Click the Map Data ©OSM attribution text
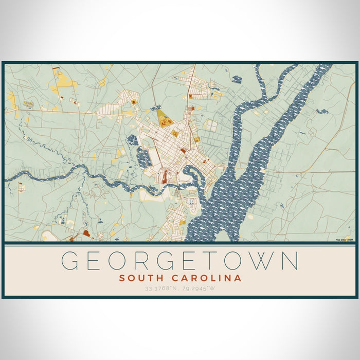click(x=344, y=240)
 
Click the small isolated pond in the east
click(x=322, y=111)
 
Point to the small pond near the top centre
click(x=236, y=79)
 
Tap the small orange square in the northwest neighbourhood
click(x=134, y=102)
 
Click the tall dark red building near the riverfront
click(x=165, y=177)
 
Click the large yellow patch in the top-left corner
click(x=63, y=80)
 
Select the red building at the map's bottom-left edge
click(x=85, y=233)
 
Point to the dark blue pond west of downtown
click(x=132, y=138)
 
